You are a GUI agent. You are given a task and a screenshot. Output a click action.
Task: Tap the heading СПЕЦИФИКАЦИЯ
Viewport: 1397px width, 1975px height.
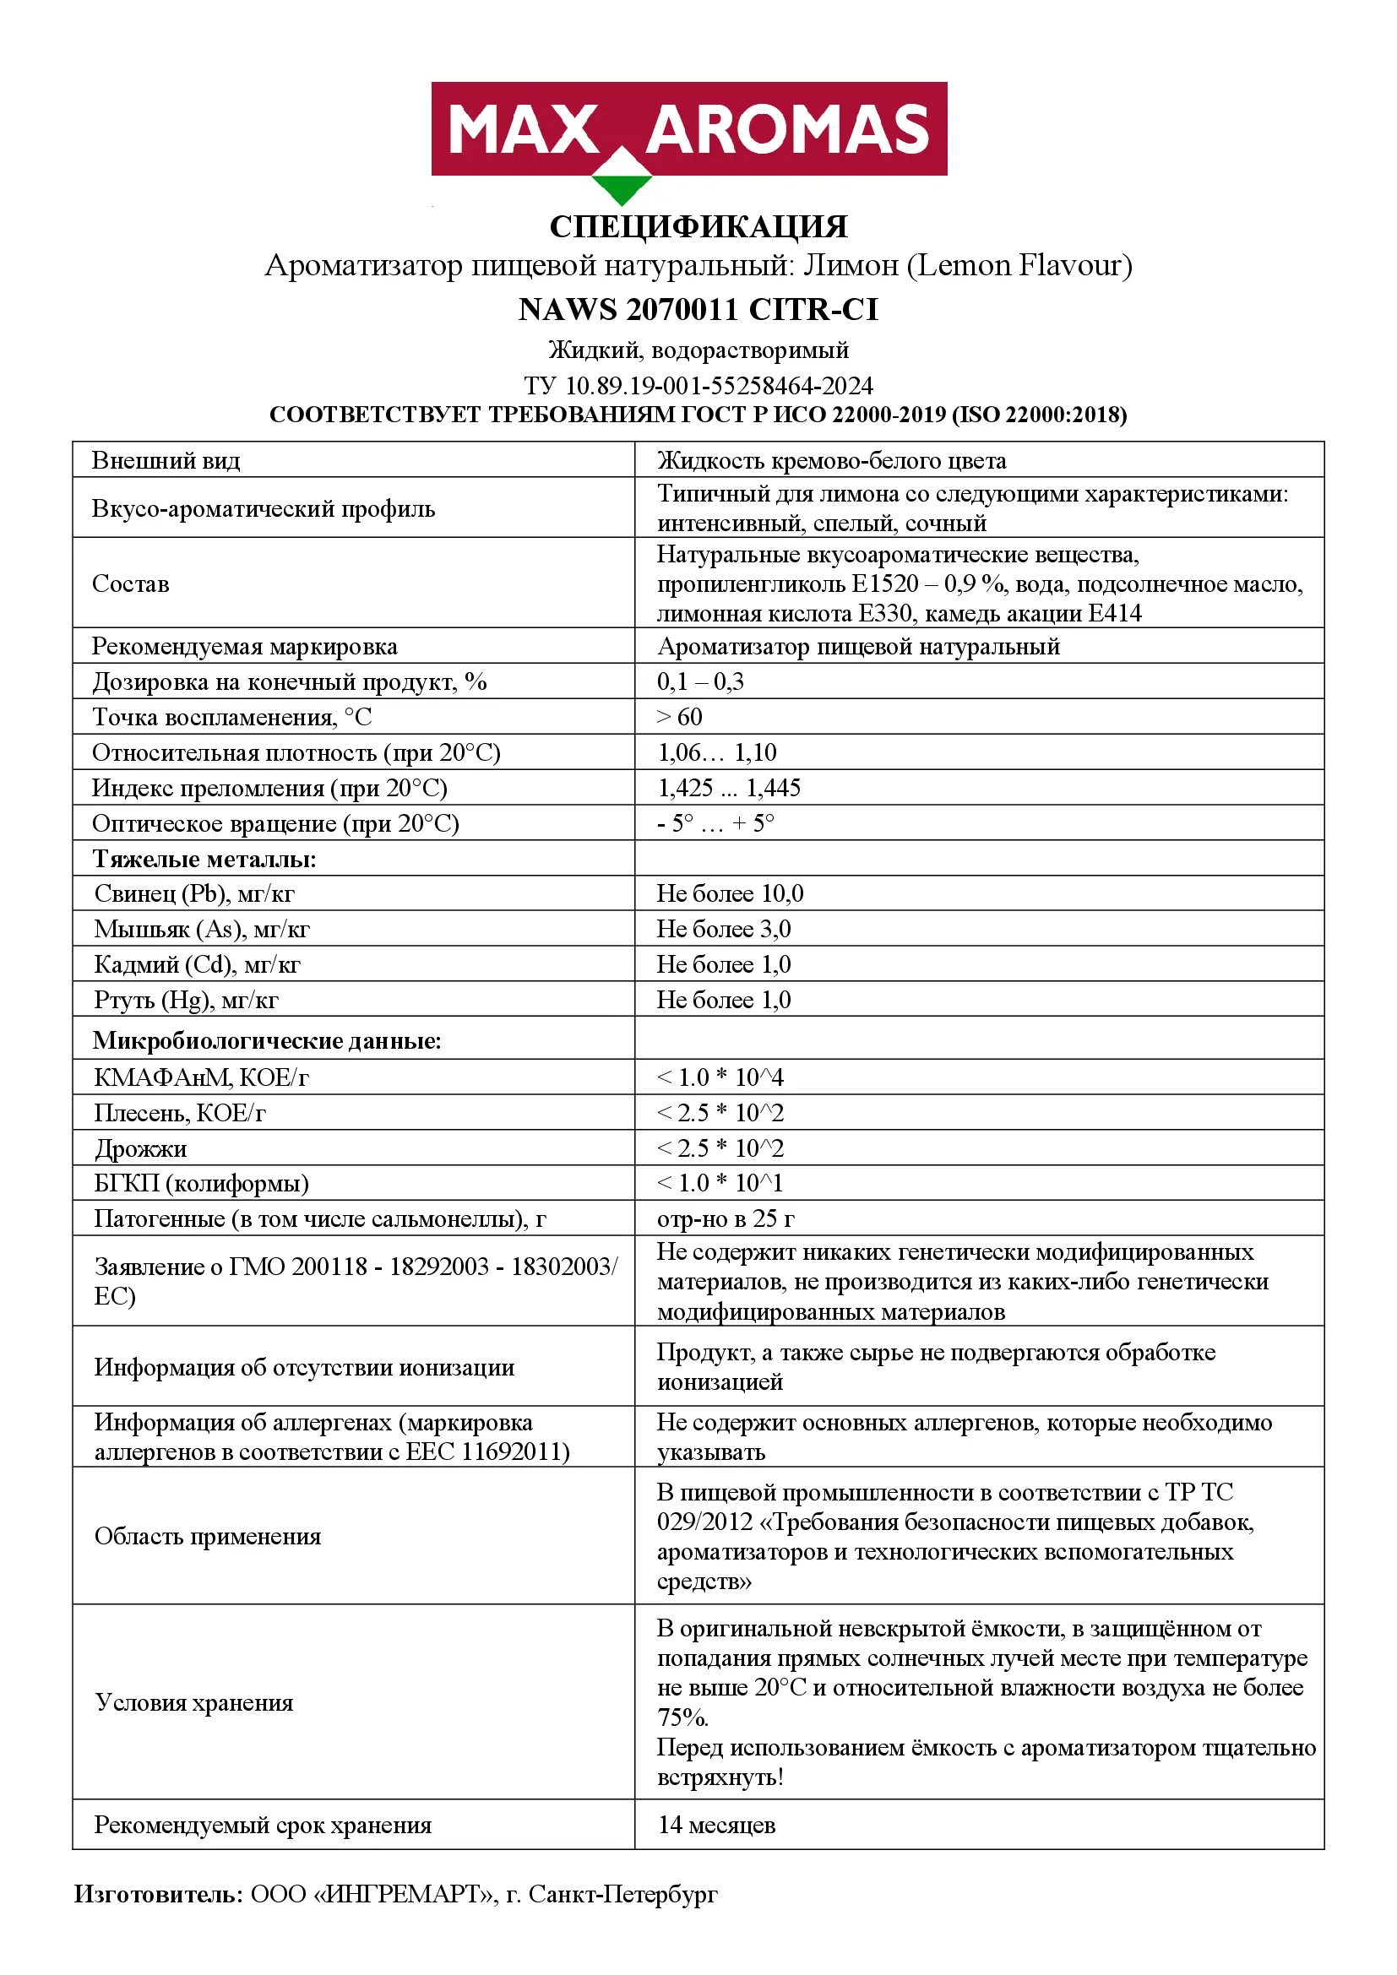698,227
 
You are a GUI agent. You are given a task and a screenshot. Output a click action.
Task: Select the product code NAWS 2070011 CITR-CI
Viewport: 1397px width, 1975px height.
698,310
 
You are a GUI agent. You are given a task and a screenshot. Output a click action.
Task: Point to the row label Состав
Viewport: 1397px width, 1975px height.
131,584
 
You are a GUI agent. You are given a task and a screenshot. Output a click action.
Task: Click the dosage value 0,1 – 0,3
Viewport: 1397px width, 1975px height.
700,682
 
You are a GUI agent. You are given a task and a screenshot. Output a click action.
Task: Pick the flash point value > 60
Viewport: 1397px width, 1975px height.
680,718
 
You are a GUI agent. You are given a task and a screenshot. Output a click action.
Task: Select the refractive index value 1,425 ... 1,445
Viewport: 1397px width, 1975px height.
729,788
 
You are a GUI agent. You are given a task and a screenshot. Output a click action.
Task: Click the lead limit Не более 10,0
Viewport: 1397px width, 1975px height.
731,893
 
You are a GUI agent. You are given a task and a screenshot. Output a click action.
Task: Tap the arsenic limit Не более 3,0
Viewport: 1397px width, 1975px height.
724,929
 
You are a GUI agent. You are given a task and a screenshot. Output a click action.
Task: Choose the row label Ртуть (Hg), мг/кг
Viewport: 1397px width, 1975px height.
186,1000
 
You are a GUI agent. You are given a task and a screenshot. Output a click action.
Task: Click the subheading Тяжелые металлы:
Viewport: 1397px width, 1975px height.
204,860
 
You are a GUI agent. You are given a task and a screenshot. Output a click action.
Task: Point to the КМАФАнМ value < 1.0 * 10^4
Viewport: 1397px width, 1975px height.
720,1077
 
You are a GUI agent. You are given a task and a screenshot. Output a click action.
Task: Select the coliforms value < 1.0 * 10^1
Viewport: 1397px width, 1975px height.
720,1184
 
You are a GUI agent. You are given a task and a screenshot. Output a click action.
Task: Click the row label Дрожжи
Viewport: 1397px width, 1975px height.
140,1149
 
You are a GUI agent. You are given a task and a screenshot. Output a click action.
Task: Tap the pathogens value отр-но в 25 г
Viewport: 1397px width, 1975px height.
726,1219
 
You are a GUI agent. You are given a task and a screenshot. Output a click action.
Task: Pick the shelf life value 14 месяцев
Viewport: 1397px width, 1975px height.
716,1825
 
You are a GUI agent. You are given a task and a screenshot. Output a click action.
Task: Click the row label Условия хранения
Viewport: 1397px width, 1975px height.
194,1703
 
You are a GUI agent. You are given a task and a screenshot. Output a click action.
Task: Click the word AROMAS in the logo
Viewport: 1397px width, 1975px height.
787,130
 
